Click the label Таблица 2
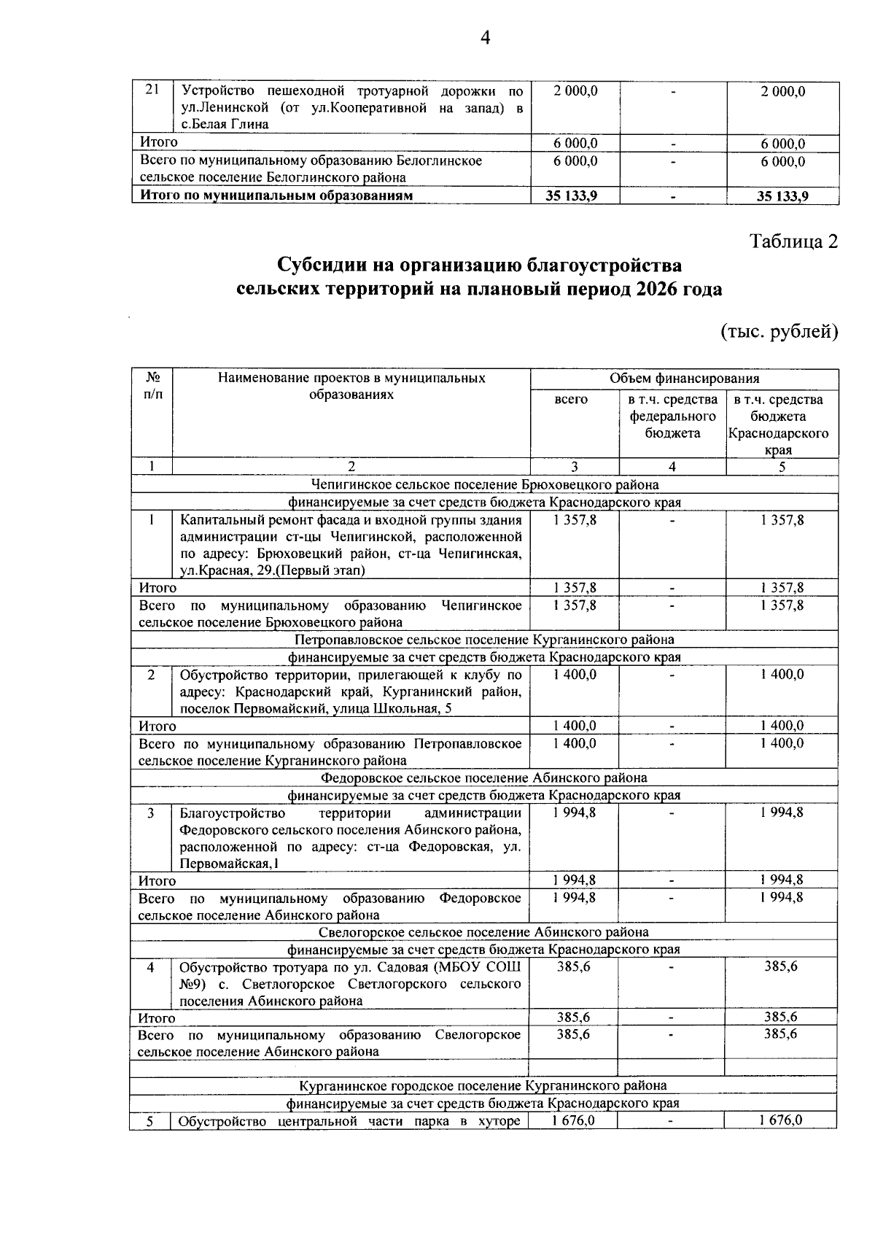pos(794,241)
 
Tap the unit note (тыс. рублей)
pos(779,332)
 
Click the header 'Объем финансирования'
pos(684,379)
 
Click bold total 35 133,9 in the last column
pos(782,196)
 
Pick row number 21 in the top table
pos(152,91)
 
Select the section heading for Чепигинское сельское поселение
pos(484,485)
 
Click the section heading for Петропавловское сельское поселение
pos(484,640)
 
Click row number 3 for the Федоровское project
pos(150,813)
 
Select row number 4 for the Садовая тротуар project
pos(150,968)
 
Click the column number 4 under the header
pos(672,467)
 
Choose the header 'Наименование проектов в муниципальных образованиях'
pos(351,387)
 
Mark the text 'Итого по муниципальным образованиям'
pos(276,196)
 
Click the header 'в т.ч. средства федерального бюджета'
pos(672,416)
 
